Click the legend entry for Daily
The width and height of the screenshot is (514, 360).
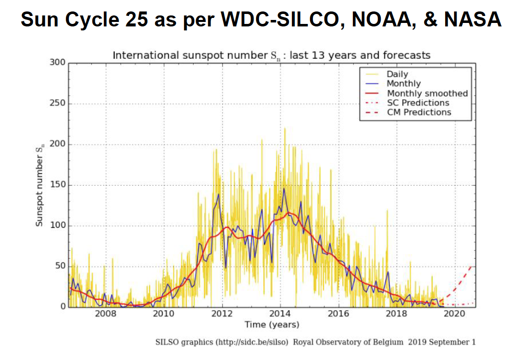pyautogui.click(x=397, y=74)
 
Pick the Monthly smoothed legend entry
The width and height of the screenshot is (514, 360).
pyautogui.click(x=427, y=93)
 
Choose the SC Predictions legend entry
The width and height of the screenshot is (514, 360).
pyautogui.click(x=418, y=103)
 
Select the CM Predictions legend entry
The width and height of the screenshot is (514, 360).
pyautogui.click(x=419, y=112)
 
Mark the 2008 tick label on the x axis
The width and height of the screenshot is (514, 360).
pyautogui.click(x=105, y=314)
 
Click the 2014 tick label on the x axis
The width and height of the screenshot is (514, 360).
pyautogui.click(x=280, y=314)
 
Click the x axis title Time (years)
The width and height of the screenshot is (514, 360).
pyautogui.click(x=272, y=325)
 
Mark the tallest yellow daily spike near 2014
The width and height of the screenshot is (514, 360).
pyautogui.click(x=285, y=129)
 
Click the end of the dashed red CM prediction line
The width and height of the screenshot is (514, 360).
pyautogui.click(x=474, y=266)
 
